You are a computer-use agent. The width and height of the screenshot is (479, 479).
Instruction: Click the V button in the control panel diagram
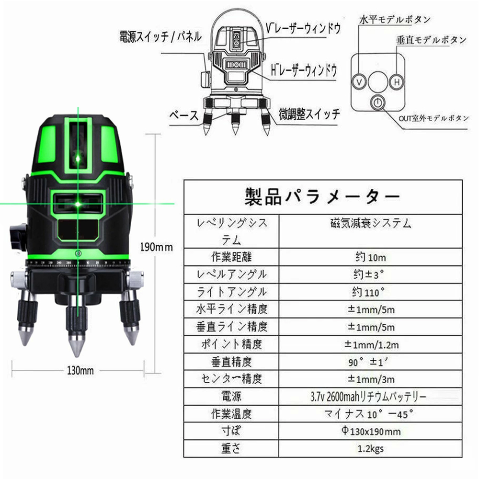coord(359,82)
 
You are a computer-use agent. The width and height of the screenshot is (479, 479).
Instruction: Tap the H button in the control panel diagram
coord(397,82)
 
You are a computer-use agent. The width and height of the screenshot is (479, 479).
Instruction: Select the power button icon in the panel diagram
coord(378,103)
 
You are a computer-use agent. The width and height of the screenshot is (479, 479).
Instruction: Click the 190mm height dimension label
coord(157,247)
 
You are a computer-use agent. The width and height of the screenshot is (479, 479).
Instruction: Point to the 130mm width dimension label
coord(80,371)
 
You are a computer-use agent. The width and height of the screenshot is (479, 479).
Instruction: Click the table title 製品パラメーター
coord(322,197)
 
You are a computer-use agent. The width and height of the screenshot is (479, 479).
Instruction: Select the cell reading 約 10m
coord(371,257)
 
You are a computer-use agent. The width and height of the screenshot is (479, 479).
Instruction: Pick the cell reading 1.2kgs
coord(371,448)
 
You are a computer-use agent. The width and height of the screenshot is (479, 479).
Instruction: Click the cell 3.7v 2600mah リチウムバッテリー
coord(368,397)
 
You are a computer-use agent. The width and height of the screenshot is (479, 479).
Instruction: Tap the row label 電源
coord(231,397)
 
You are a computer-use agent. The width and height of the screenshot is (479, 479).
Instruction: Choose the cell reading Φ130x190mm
coord(371,431)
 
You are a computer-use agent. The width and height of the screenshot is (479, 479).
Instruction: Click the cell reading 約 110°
coord(368,292)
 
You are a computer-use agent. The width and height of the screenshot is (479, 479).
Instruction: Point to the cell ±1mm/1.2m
coord(372,344)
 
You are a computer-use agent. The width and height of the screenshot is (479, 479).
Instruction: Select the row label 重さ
coord(231,448)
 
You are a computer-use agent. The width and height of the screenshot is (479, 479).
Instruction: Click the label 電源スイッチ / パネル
coord(160,37)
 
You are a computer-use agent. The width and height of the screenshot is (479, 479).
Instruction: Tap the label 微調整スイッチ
coord(309,114)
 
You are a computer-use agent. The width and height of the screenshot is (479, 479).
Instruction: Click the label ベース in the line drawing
coord(184,116)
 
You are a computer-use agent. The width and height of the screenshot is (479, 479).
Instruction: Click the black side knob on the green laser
coord(18,238)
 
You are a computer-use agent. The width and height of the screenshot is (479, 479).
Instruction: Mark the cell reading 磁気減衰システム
coord(371,223)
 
